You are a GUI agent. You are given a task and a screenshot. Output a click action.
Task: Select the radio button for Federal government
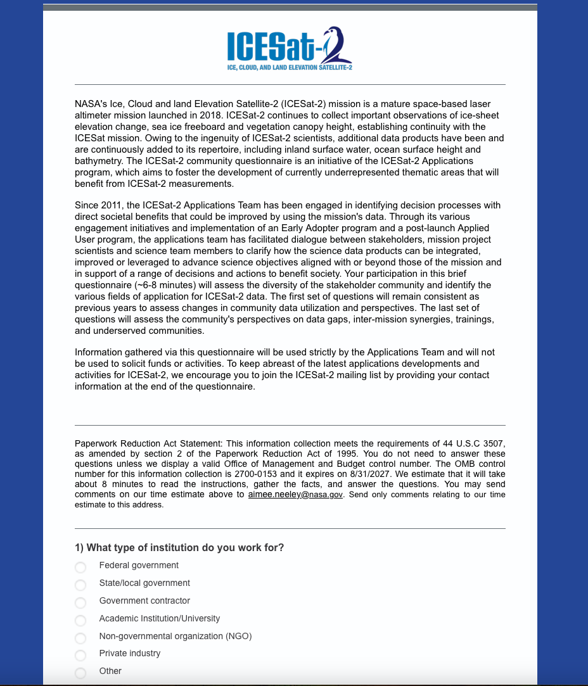click(80, 567)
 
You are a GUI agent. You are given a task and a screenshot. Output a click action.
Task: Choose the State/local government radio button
click(80, 585)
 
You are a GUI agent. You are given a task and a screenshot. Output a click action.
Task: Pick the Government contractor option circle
click(80, 602)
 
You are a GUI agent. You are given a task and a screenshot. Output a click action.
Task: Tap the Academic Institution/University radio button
click(80, 620)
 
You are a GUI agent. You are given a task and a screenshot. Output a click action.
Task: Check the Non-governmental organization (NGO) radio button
click(80, 638)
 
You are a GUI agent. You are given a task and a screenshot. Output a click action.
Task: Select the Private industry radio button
click(80, 655)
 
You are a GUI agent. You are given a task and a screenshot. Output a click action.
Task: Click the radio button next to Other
click(80, 673)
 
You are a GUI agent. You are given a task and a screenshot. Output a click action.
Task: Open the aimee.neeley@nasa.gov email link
click(295, 495)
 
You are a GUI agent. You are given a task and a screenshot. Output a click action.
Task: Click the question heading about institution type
click(179, 548)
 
